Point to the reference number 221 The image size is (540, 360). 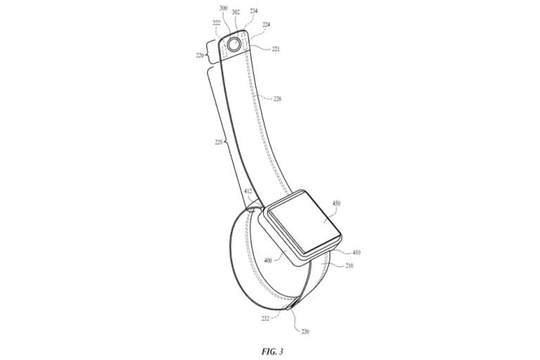pyautogui.click(x=276, y=49)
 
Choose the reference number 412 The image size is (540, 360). pyautogui.click(x=247, y=191)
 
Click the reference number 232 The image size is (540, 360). pyautogui.click(x=265, y=318)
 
